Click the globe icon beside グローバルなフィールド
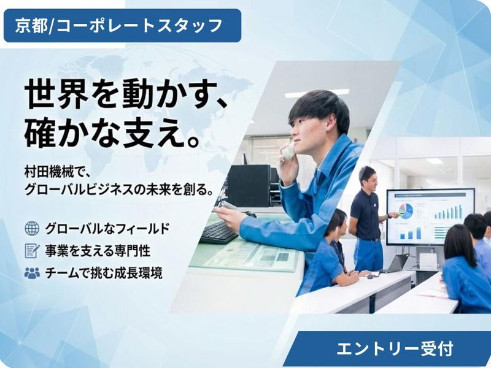pos(31,228)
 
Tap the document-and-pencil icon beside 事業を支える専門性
pos(31,250)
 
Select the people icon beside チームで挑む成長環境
pos(31,273)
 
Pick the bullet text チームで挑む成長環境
pos(104,273)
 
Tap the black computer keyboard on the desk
pos(218,232)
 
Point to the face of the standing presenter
pos(367,177)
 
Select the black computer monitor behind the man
pos(249,185)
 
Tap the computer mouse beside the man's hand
pos(250,214)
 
